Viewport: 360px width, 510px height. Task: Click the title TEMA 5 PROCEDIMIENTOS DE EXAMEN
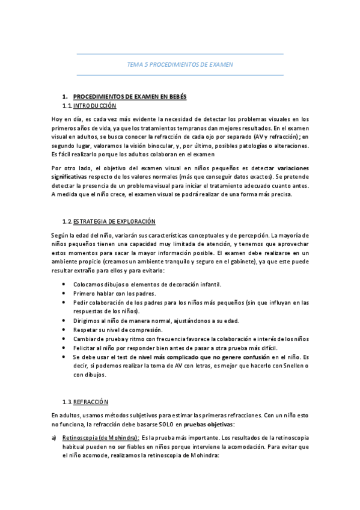point(180,64)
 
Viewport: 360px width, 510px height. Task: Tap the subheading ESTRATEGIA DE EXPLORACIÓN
point(114,221)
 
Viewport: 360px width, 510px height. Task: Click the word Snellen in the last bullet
point(291,366)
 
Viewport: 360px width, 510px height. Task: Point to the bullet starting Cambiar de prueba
point(191,339)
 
